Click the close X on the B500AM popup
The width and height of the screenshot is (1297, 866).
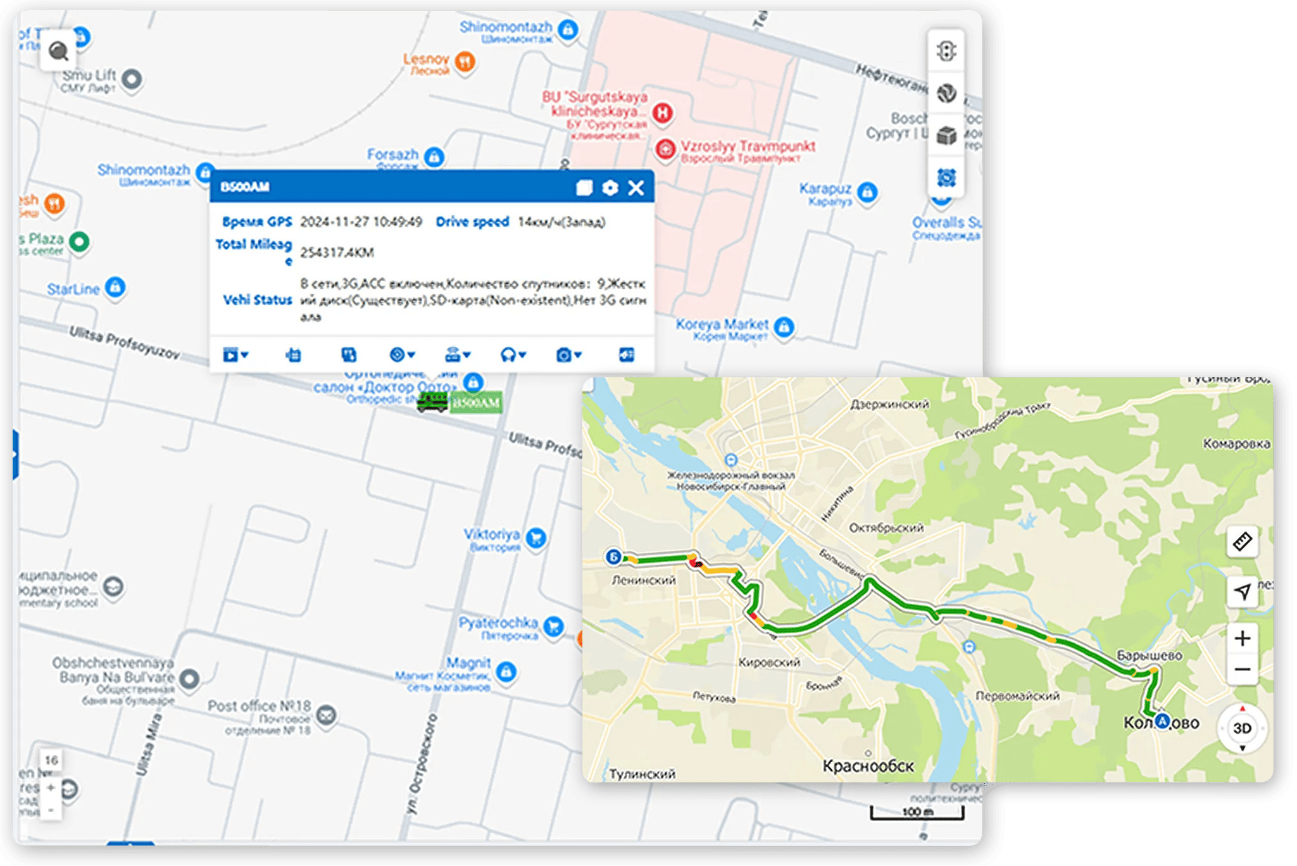[636, 187]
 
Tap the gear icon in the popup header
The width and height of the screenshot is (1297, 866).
[610, 187]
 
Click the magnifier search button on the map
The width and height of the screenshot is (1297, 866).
[58, 51]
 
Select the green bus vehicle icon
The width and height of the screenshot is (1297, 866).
[432, 401]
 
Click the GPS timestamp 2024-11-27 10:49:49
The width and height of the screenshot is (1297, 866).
[361, 222]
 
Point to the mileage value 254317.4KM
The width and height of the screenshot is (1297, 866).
[337, 253]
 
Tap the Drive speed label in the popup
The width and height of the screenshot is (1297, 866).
[472, 222]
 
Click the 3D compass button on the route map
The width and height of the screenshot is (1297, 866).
[1242, 728]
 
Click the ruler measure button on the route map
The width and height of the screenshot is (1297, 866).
[1242, 541]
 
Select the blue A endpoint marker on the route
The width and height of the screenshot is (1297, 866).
[1162, 720]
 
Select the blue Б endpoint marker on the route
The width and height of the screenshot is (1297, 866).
[613, 556]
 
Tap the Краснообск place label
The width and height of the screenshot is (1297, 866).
[868, 766]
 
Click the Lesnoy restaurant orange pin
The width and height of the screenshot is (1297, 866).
[465, 61]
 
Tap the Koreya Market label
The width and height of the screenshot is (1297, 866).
[722, 324]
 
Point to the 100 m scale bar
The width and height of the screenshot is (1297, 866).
[917, 813]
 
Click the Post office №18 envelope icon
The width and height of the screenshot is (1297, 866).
[326, 715]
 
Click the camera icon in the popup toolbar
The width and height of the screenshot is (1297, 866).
[563, 355]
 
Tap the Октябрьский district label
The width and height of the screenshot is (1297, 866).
[886, 527]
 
